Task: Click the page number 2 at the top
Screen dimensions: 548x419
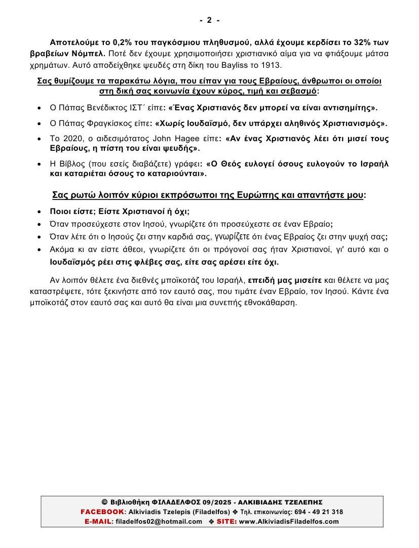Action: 209,20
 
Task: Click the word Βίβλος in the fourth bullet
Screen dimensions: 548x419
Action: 73,164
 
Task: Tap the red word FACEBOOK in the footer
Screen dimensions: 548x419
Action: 102,512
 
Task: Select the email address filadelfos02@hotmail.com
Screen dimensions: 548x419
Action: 159,521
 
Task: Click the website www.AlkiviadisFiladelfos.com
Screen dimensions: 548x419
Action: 289,521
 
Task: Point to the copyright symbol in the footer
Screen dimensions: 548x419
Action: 104,502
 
